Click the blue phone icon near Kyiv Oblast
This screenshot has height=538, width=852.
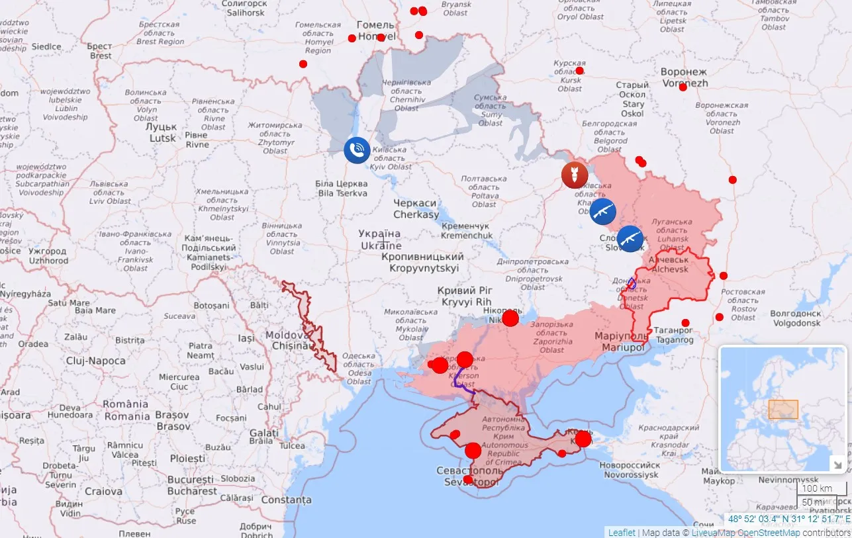(357, 150)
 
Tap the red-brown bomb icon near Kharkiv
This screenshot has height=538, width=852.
(574, 175)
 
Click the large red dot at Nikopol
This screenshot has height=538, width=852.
(510, 319)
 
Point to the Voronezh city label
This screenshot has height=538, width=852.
(685, 77)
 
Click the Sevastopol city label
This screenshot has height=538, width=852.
(468, 476)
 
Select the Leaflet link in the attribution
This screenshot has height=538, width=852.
(622, 533)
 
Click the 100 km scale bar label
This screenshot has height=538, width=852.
(816, 488)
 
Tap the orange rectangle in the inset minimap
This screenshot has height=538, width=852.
(783, 410)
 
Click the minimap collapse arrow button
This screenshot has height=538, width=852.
(837, 463)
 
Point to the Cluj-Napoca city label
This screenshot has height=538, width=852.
(95, 361)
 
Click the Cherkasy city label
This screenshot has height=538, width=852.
(416, 209)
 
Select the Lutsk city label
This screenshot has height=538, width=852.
(163, 132)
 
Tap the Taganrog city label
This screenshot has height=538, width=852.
(674, 335)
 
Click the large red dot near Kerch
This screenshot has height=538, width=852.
(583, 439)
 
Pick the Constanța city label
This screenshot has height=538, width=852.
(286, 500)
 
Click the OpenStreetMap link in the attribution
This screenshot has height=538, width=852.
(769, 533)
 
